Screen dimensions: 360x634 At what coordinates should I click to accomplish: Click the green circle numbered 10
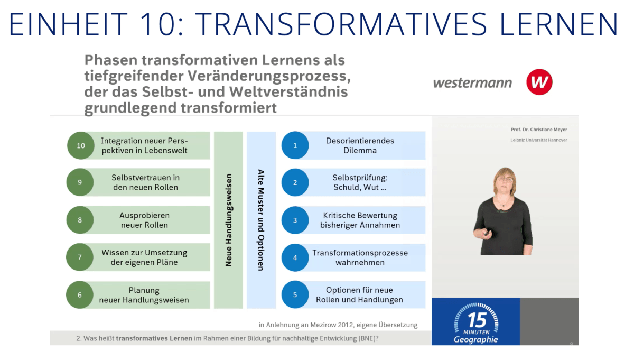tap(80, 145)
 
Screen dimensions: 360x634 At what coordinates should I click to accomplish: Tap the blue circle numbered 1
tap(295, 145)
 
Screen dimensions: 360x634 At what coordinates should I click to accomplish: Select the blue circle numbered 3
tap(295, 220)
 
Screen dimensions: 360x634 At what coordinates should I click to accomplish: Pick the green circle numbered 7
tap(80, 257)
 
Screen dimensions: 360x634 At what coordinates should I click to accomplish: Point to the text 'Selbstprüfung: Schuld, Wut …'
tap(360, 182)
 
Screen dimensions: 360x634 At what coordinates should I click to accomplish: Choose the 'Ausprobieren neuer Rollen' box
tap(144, 220)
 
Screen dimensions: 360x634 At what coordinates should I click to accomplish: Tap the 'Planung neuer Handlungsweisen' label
tap(144, 295)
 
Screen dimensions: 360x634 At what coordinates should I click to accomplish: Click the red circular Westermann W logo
tap(539, 82)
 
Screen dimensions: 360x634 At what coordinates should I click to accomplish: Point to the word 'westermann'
tap(472, 83)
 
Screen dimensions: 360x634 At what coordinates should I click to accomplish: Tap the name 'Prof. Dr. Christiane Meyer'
tap(538, 130)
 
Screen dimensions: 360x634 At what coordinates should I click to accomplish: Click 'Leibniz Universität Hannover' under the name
tap(538, 140)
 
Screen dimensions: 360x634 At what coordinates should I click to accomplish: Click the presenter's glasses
tap(504, 180)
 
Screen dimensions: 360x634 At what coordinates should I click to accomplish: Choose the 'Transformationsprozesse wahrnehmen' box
tap(360, 257)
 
